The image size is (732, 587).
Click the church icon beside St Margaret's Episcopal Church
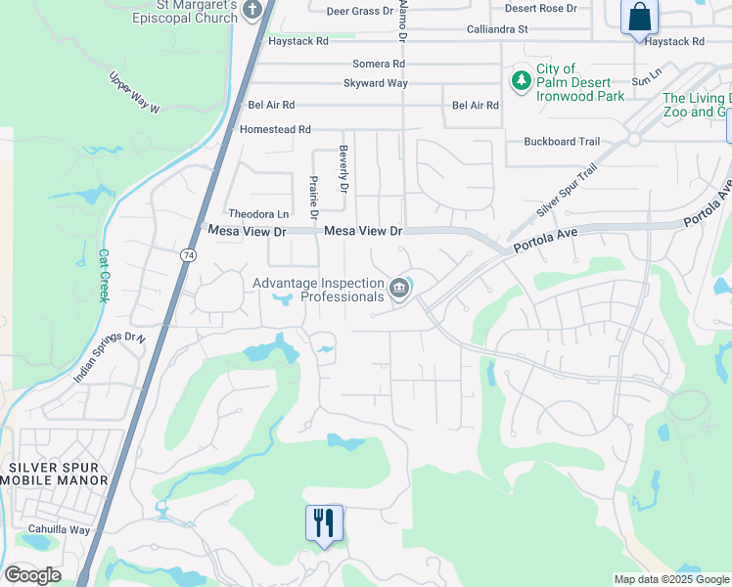pyautogui.click(x=252, y=11)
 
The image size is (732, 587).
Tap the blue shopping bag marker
pyautogui.click(x=639, y=18)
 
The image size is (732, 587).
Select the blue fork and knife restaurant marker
pyautogui.click(x=324, y=522)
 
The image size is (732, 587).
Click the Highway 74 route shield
pyautogui.click(x=186, y=254)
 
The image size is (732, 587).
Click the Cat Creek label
pyautogui.click(x=102, y=275)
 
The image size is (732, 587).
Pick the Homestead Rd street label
pyautogui.click(x=275, y=129)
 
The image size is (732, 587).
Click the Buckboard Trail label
pyautogui.click(x=562, y=142)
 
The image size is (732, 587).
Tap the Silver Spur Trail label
pyautogui.click(x=566, y=192)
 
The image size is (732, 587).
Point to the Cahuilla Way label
pyautogui.click(x=59, y=529)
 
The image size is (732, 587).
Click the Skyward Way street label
pyautogui.click(x=375, y=83)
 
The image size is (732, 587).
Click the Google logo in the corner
pyautogui.click(x=32, y=575)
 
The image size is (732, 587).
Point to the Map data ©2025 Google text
pyautogui.click(x=670, y=579)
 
